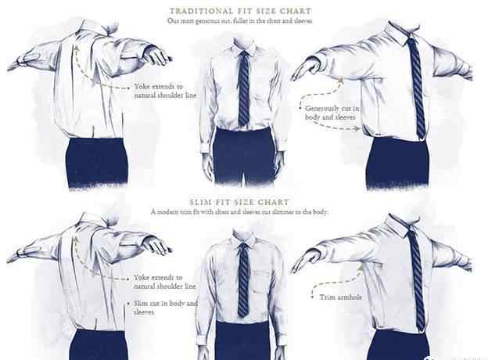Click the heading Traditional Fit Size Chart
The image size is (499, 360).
[x=240, y=11]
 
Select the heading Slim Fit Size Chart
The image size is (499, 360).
[x=239, y=202]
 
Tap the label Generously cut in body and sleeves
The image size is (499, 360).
[x=332, y=113]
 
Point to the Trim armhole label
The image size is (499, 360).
[x=341, y=297]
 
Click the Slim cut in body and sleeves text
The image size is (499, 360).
[x=166, y=308]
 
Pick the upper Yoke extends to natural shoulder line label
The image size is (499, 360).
[x=165, y=91]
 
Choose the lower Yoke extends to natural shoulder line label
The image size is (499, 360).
[x=164, y=282]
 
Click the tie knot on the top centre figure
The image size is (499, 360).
[x=244, y=54]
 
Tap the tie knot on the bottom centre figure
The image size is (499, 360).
[x=244, y=247]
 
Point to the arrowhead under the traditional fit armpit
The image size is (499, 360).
[x=341, y=80]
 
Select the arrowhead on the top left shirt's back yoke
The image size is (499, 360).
[x=77, y=48]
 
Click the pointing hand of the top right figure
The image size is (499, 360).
[x=306, y=68]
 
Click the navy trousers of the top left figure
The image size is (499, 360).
[x=97, y=162]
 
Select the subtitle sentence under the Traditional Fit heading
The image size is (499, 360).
[x=240, y=21]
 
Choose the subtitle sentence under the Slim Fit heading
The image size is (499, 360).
[x=239, y=211]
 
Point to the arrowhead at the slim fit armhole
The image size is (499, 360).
[x=360, y=269]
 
